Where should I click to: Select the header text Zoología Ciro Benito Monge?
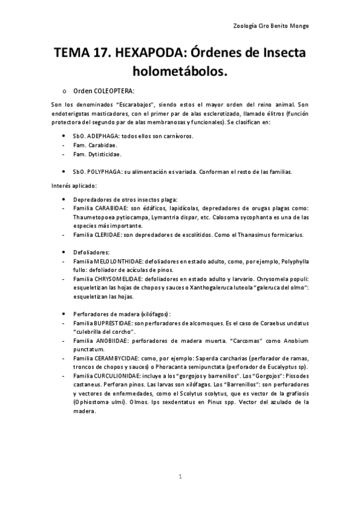coord(274,26)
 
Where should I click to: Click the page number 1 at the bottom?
coord(180,476)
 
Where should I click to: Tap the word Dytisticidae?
coord(97,155)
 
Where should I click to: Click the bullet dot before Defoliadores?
coord(64,253)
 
